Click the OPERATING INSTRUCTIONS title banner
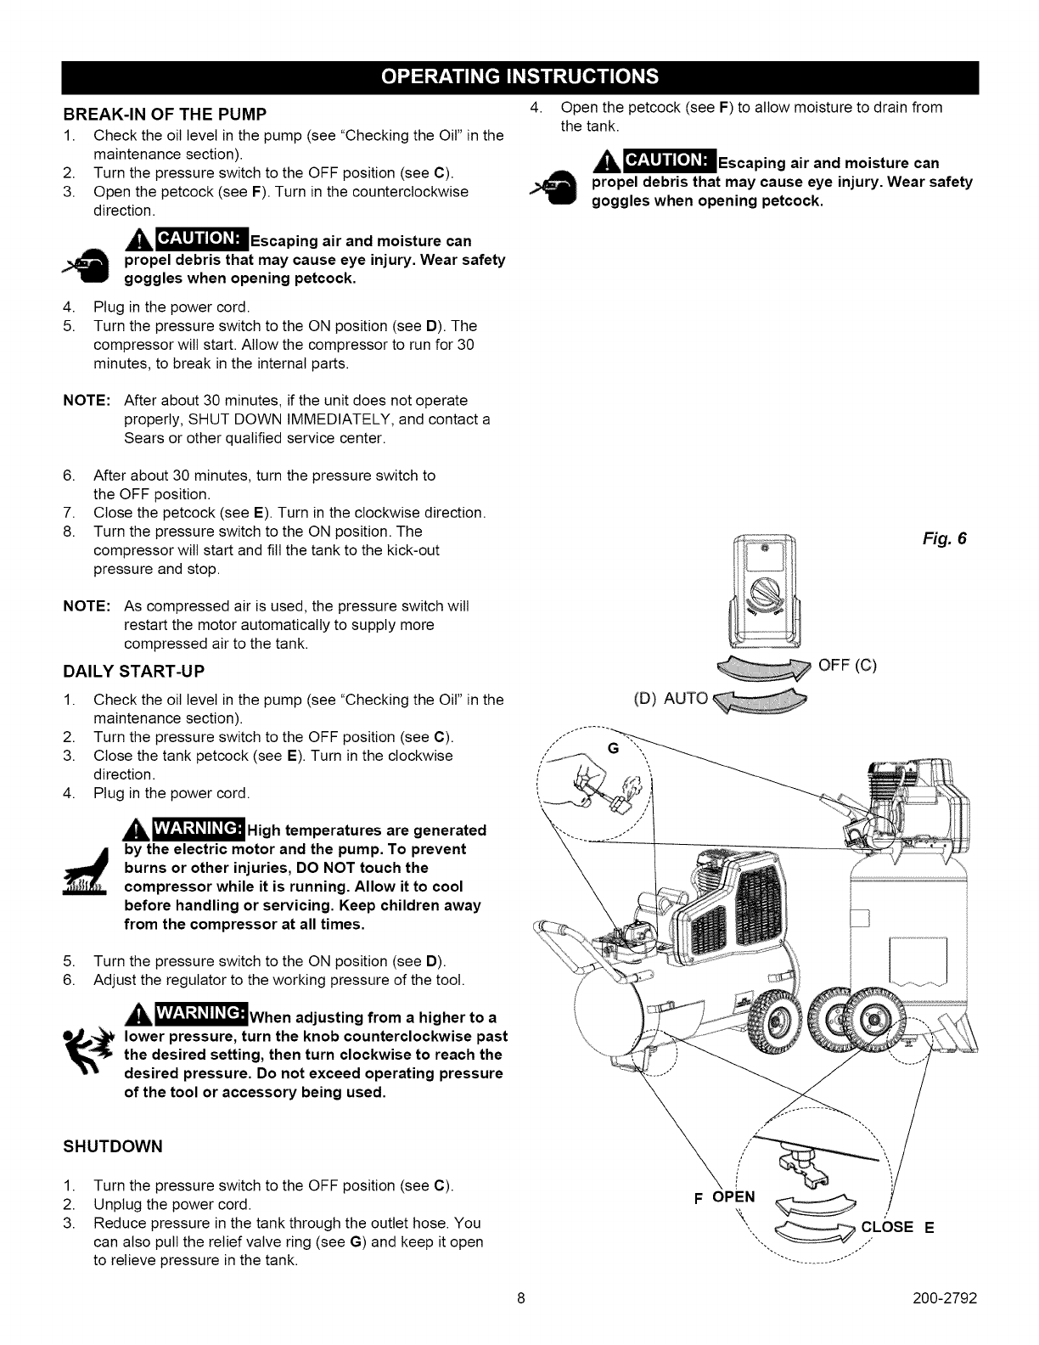pyautogui.click(x=519, y=76)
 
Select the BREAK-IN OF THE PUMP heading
pyautogui.click(x=166, y=114)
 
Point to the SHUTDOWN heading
pyautogui.click(x=112, y=1147)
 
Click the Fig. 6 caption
pyautogui.click(x=945, y=539)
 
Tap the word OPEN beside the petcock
pyautogui.click(x=733, y=1198)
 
